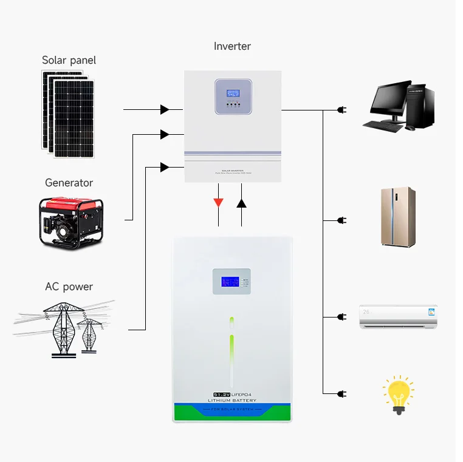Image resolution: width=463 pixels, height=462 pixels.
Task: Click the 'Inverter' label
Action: (232, 46)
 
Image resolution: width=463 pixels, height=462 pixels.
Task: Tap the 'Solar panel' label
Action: (69, 60)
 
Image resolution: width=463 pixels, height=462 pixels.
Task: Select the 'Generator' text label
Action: (69, 183)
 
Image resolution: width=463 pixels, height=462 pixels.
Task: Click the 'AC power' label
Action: (69, 287)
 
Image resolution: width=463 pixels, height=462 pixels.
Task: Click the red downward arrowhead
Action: (218, 203)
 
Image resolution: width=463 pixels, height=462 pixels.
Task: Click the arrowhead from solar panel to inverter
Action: (165, 110)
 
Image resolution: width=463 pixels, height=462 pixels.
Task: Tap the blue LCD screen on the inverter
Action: (233, 95)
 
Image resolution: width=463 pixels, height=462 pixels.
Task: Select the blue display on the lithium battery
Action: (230, 282)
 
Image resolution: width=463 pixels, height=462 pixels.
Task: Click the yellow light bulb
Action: (399, 393)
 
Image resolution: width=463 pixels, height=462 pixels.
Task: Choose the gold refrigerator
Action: (398, 216)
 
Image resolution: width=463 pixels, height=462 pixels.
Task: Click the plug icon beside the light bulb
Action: (341, 393)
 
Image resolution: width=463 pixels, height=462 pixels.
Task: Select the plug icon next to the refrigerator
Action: (341, 220)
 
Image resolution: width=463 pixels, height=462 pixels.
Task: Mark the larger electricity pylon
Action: (61, 328)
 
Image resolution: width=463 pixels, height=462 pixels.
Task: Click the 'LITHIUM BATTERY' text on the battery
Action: (231, 401)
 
